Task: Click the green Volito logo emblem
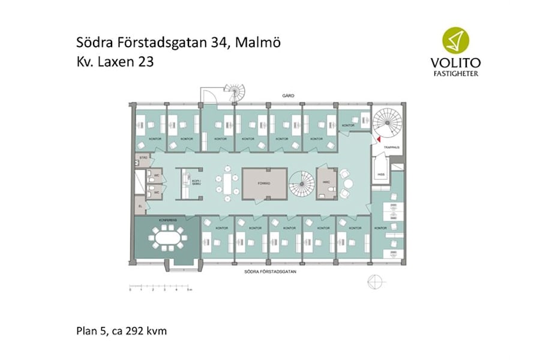(x=458, y=41)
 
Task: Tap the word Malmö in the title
(x=259, y=43)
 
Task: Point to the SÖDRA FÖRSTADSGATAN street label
(x=271, y=272)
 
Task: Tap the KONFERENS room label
(x=167, y=221)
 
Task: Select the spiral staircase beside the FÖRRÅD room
(x=302, y=184)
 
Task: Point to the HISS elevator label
(x=380, y=175)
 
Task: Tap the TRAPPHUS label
(x=392, y=147)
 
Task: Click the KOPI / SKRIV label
(x=196, y=182)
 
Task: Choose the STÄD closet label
(x=143, y=158)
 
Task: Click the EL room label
(x=140, y=206)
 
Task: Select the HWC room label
(x=326, y=182)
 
